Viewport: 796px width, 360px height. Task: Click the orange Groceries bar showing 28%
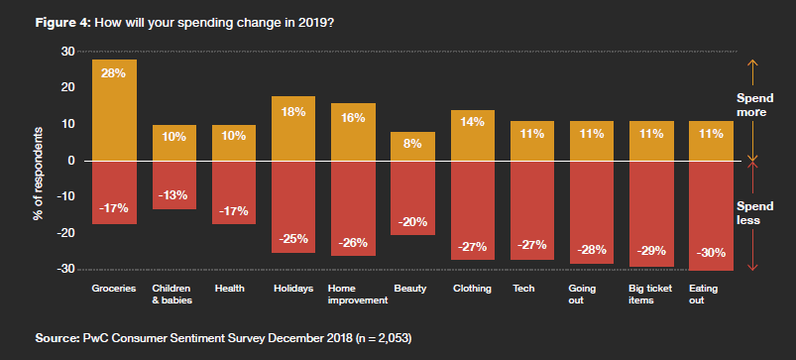(x=114, y=109)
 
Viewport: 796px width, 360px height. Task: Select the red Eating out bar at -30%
(x=711, y=215)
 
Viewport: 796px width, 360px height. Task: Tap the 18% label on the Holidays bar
(x=293, y=112)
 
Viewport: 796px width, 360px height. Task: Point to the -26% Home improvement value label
(x=353, y=243)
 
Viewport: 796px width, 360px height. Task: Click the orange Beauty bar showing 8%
(x=412, y=146)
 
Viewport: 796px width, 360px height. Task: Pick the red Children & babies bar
(x=173, y=184)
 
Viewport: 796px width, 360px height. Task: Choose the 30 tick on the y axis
(x=68, y=52)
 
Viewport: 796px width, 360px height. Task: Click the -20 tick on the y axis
(x=65, y=233)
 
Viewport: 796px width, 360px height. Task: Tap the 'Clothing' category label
(x=472, y=289)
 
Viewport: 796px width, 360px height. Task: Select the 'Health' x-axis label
(x=230, y=289)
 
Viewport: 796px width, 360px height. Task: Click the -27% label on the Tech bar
(x=532, y=246)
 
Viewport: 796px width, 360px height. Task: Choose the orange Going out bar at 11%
(x=592, y=141)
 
